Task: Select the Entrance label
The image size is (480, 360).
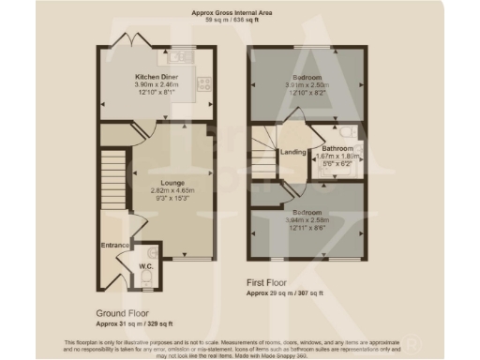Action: [114, 246]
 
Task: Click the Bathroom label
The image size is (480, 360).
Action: [337, 149]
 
